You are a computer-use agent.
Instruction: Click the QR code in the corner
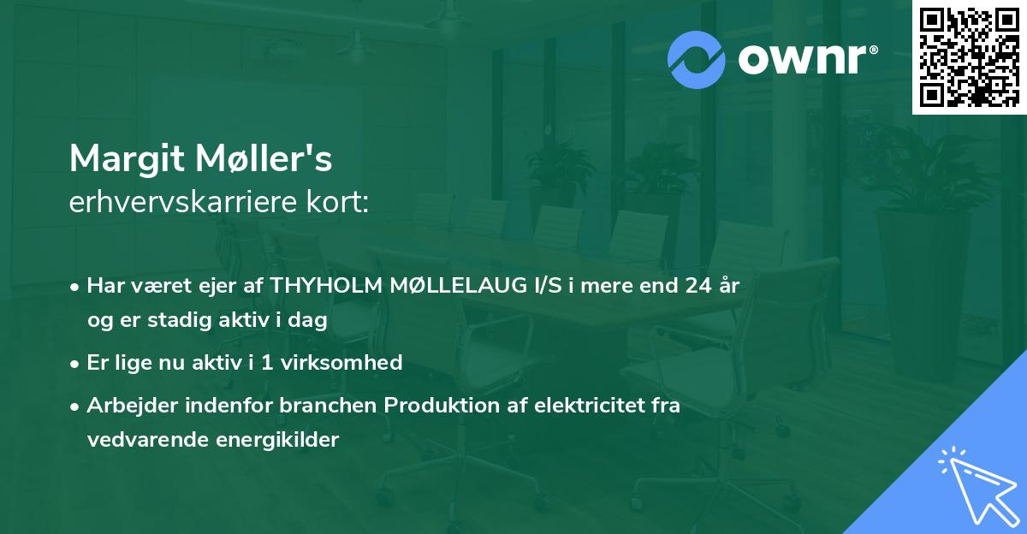pyautogui.click(x=969, y=57)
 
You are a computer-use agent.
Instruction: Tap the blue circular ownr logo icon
pyautogui.click(x=696, y=60)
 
